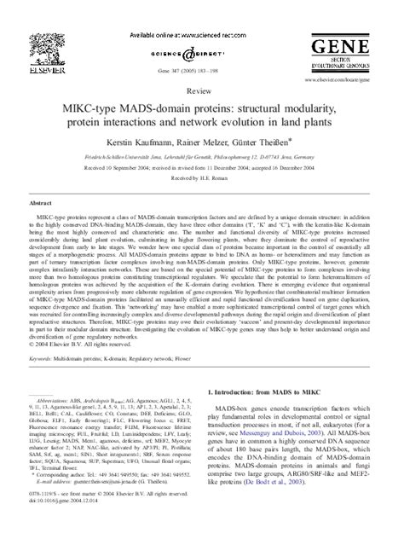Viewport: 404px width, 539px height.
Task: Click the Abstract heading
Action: coord(42,205)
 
